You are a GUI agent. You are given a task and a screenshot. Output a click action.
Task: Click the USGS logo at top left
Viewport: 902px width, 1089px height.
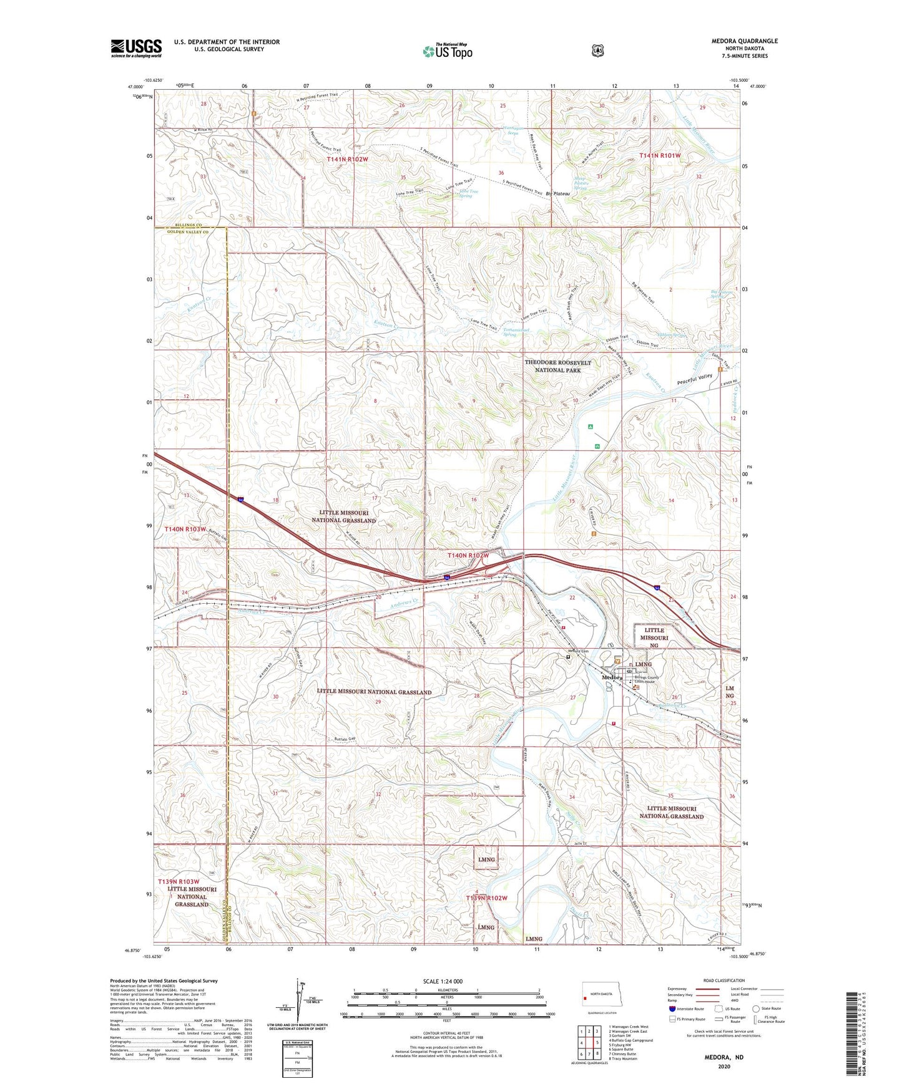pyautogui.click(x=136, y=48)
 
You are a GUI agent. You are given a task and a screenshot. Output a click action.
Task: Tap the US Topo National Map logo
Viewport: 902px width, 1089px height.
pyautogui.click(x=446, y=51)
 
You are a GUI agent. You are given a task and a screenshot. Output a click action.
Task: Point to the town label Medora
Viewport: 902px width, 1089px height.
pyautogui.click(x=612, y=677)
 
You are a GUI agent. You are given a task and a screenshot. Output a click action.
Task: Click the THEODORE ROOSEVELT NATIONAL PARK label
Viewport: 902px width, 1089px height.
pyautogui.click(x=557, y=366)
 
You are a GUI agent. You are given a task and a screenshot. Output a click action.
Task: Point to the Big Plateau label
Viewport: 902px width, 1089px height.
pyautogui.click(x=557, y=194)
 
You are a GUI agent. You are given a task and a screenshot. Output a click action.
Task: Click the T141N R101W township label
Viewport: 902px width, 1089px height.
pyautogui.click(x=660, y=155)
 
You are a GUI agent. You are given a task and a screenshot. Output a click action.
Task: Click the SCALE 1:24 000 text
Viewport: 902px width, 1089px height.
pyautogui.click(x=446, y=981)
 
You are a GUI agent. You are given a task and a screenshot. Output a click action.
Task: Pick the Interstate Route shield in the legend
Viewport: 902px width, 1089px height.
pyautogui.click(x=672, y=1009)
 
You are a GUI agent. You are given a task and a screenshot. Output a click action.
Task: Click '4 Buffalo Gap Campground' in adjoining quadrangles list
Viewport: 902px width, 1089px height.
pyautogui.click(x=630, y=1040)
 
